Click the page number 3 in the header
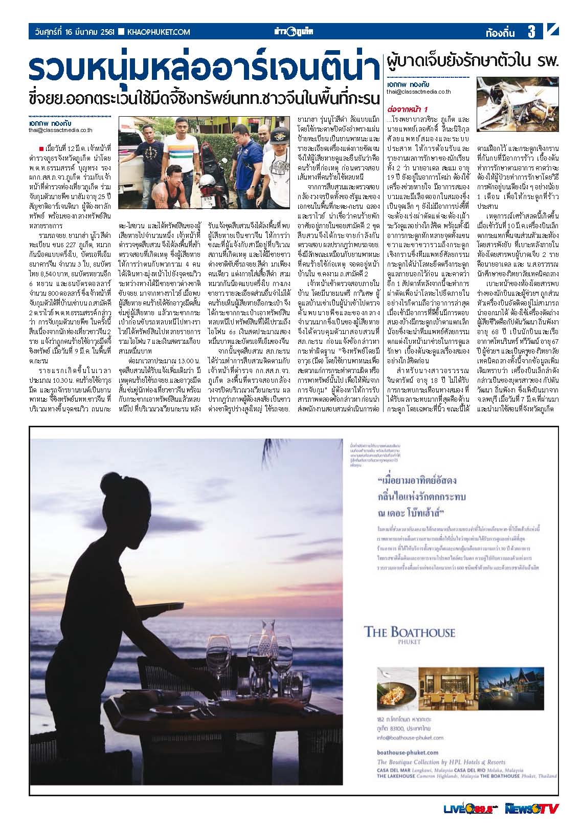pos(531,32)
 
